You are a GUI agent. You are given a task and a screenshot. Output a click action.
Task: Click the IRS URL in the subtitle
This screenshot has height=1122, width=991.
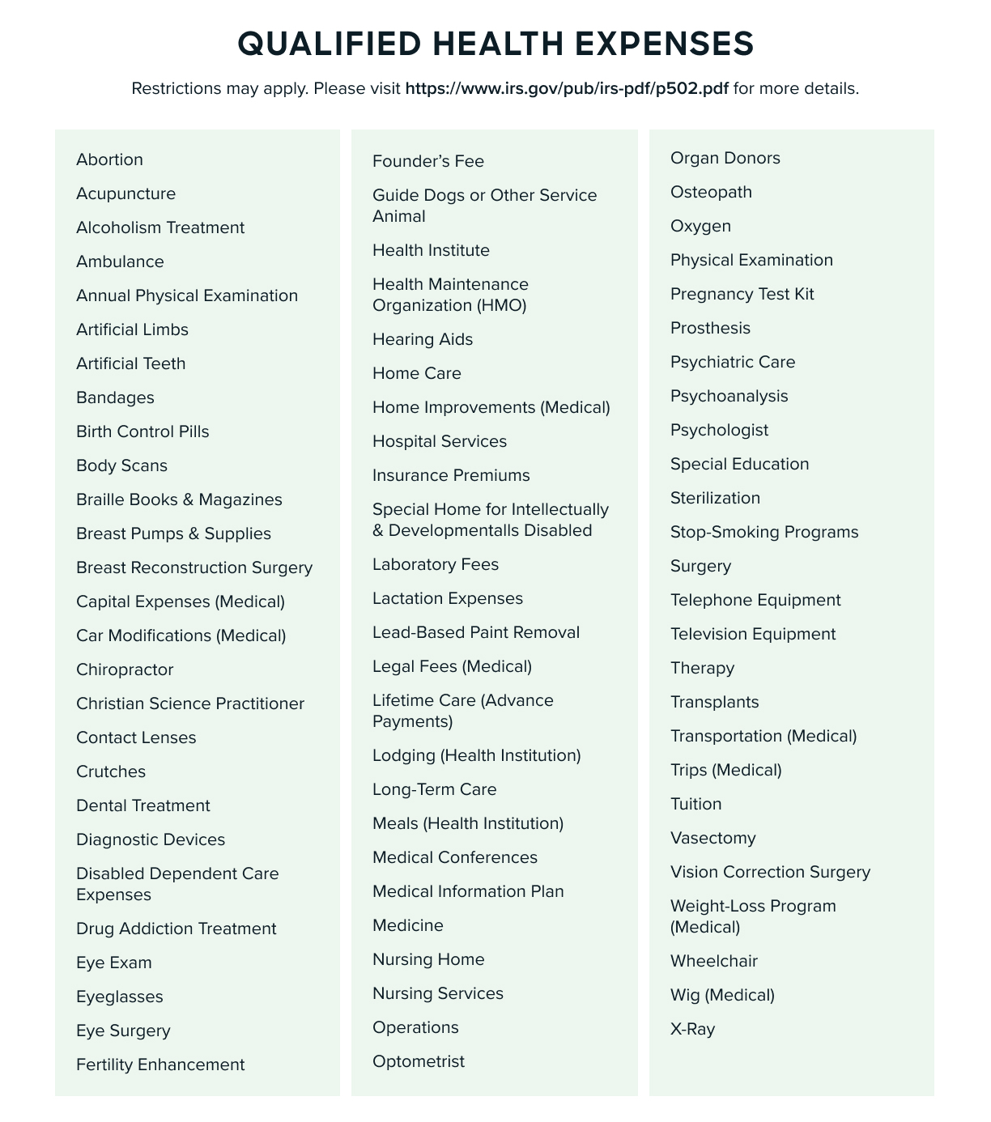567,88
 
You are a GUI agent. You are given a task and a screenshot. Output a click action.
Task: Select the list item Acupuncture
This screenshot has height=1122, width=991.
125,193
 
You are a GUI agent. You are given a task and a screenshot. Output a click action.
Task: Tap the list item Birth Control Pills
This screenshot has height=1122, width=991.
142,431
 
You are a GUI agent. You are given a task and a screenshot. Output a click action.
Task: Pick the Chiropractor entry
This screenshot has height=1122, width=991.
125,669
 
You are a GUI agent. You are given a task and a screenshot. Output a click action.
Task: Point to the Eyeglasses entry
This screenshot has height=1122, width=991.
120,997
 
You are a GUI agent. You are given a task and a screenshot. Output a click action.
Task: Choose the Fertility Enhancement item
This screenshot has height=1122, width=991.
160,1065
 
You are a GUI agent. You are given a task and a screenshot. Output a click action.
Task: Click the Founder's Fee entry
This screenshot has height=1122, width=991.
428,161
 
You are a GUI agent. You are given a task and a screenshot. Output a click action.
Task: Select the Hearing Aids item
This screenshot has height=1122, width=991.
423,339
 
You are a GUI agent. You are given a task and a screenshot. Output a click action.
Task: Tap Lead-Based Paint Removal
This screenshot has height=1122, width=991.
476,632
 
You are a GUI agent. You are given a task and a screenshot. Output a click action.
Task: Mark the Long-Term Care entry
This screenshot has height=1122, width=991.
435,789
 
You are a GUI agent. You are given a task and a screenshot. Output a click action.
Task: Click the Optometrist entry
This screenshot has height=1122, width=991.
419,1061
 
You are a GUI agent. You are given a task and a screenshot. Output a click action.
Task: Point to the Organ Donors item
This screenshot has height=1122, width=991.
725,158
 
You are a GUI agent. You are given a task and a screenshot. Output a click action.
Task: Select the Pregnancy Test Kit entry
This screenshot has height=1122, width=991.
742,294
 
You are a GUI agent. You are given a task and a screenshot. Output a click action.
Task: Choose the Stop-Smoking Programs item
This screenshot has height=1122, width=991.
764,532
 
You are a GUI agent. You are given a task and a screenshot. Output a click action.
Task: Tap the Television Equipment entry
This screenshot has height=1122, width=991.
753,634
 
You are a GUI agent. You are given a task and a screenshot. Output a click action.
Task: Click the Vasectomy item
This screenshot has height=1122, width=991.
713,838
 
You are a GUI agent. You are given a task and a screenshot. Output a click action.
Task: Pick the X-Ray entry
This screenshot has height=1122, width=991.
693,1029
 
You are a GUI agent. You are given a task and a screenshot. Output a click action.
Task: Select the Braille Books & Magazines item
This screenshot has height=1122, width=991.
179,499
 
